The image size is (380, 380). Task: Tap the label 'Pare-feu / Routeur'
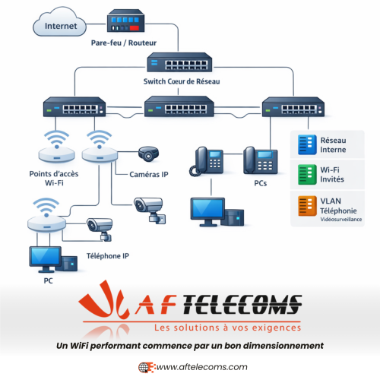[122, 44]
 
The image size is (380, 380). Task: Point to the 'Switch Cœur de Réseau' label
[179, 81]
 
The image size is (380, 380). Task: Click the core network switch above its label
[180, 63]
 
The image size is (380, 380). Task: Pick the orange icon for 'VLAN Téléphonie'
[306, 207]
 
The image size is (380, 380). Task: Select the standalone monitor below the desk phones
[206, 211]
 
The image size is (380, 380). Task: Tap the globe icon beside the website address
[144, 366]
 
